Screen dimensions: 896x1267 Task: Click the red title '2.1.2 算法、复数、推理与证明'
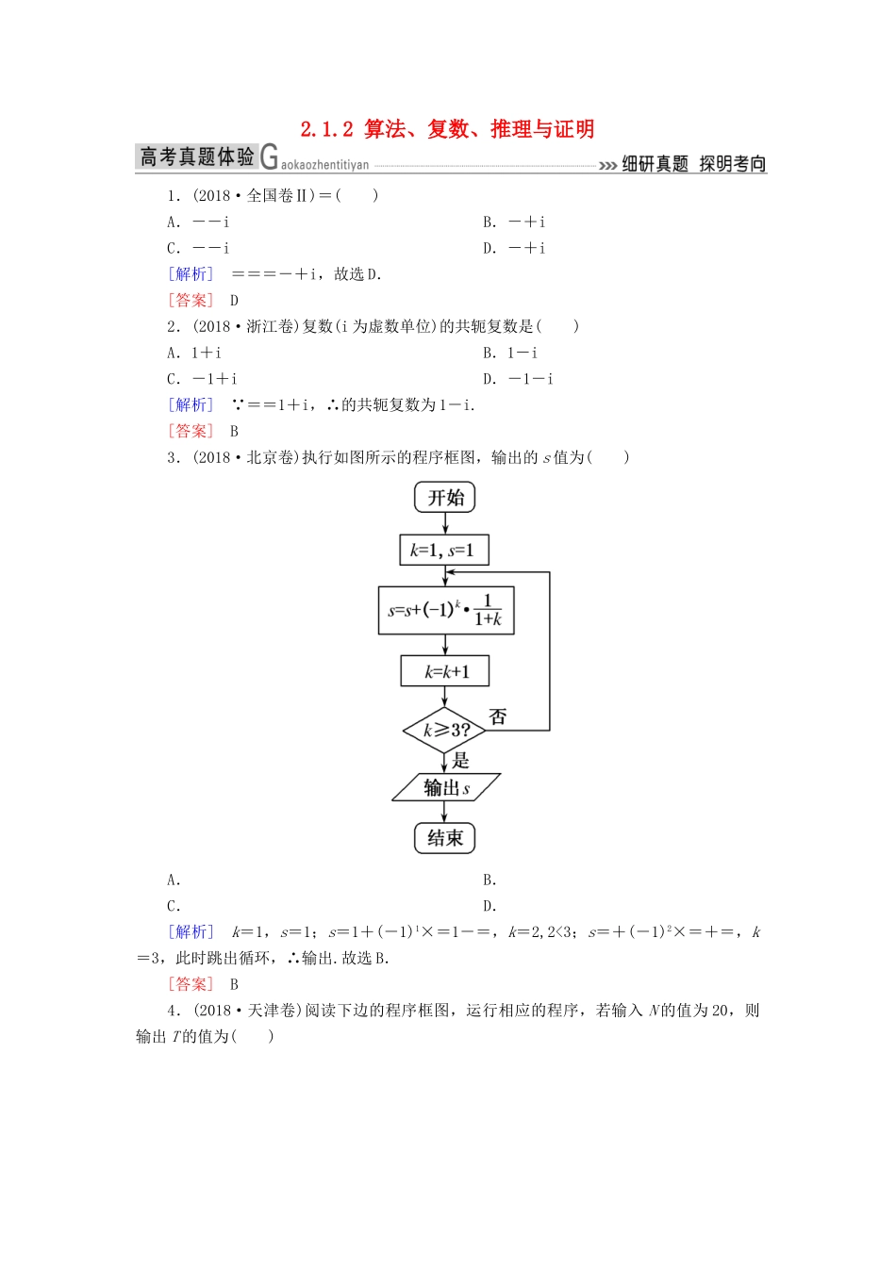(447, 129)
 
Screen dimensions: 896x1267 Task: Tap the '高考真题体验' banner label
(197, 156)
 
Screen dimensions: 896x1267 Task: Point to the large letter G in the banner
(269, 157)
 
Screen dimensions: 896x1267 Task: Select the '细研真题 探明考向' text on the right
(693, 164)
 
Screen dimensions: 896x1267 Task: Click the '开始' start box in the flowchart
(445, 498)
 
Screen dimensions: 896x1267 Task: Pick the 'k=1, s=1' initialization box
(444, 551)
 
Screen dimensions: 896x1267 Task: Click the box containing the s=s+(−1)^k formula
(446, 610)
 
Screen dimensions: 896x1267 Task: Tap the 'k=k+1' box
(445, 671)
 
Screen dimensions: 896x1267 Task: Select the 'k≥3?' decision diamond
(445, 730)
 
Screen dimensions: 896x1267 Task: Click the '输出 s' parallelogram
(446, 787)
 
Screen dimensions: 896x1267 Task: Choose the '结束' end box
(445, 838)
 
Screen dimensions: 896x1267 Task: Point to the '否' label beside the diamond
(498, 716)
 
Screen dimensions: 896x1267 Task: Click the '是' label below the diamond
(461, 760)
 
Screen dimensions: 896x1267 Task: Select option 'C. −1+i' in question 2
(202, 379)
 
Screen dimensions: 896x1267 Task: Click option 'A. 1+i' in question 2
(194, 353)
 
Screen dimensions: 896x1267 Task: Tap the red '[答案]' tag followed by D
(191, 300)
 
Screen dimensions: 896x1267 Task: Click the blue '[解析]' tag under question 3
(191, 931)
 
